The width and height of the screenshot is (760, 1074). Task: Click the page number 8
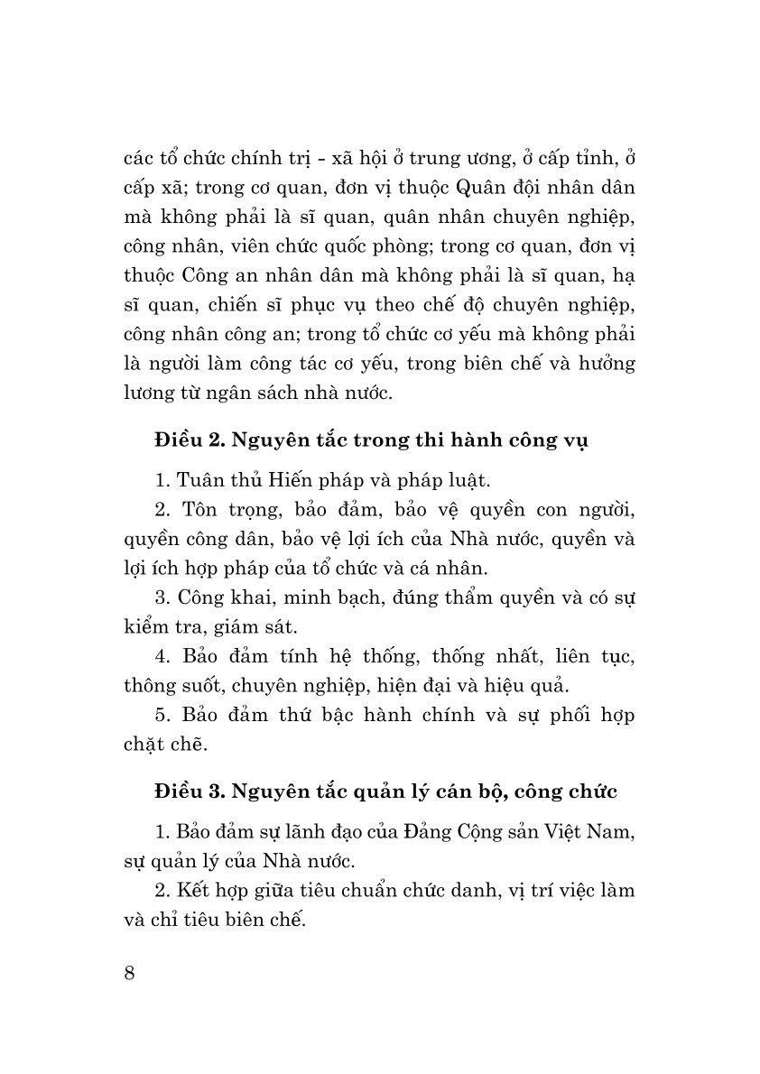click(x=129, y=974)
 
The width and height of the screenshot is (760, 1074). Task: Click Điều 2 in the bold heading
click(x=187, y=440)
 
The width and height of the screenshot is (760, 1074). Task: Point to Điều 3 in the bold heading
click(x=187, y=792)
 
